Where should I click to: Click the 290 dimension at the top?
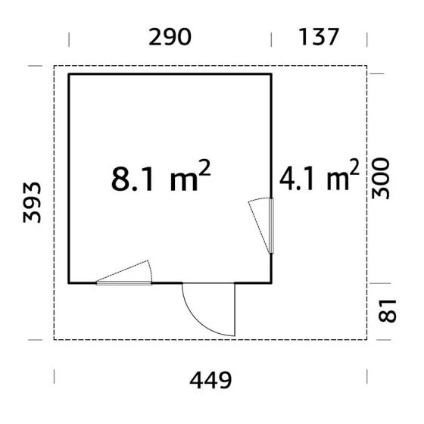coord(170,37)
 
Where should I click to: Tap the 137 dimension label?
coord(319,36)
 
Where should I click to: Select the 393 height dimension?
coord(32,203)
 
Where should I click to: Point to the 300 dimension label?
coord(380,179)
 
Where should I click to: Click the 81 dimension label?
coord(387,311)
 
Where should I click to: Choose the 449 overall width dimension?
coord(210,380)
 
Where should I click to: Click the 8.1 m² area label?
coord(161,176)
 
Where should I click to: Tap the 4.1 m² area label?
coord(320,175)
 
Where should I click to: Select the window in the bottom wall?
coord(124,283)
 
